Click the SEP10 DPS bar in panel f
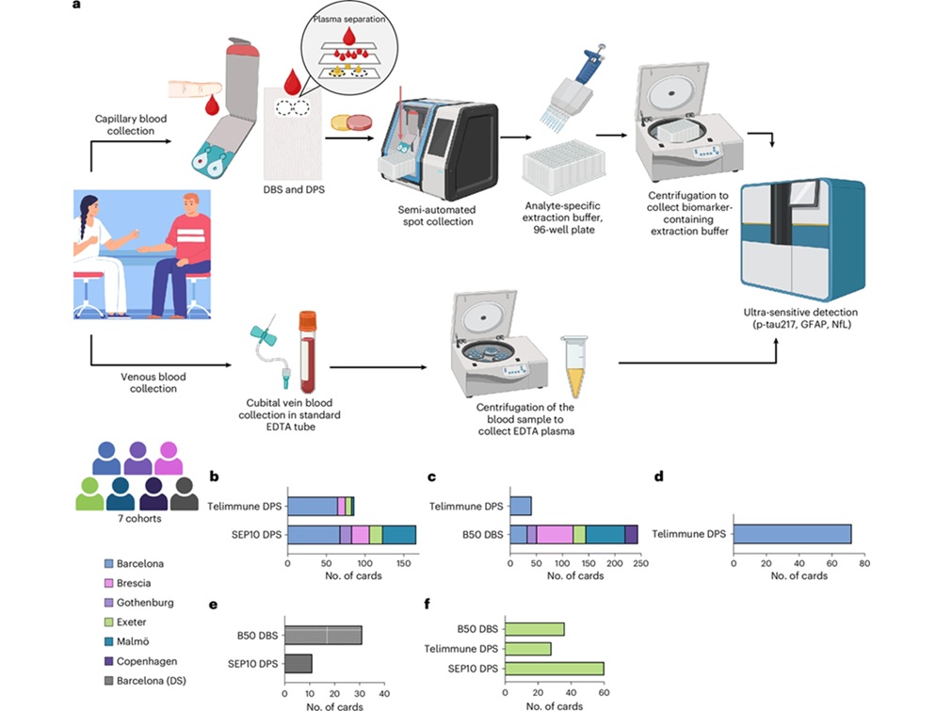[555, 670]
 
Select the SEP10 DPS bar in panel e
[299, 663]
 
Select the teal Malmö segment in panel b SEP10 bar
[399, 535]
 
